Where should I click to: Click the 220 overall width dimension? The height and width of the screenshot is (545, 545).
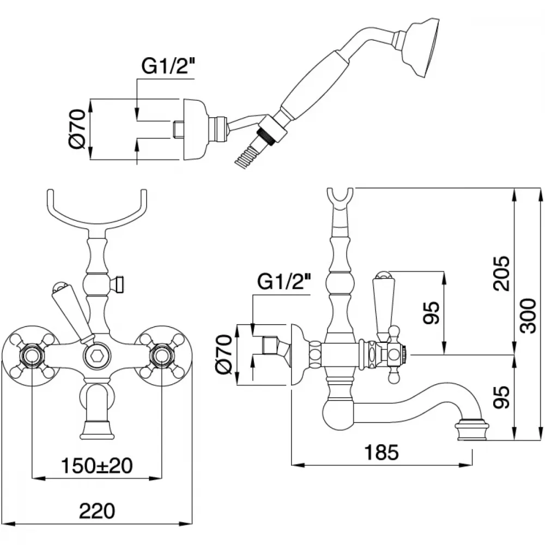click(97, 511)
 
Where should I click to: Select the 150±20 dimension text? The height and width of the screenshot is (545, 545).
click(97, 465)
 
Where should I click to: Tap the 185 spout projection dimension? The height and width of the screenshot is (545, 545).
click(381, 452)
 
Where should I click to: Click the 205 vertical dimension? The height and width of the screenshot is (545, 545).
click(501, 274)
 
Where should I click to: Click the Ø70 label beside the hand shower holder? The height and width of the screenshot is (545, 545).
click(77, 129)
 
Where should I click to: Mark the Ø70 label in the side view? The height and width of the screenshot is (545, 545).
click(223, 354)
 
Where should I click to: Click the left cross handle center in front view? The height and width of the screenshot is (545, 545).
click(32, 355)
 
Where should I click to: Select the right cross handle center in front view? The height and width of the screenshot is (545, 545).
click(162, 355)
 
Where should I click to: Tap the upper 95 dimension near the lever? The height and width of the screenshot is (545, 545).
click(431, 312)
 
